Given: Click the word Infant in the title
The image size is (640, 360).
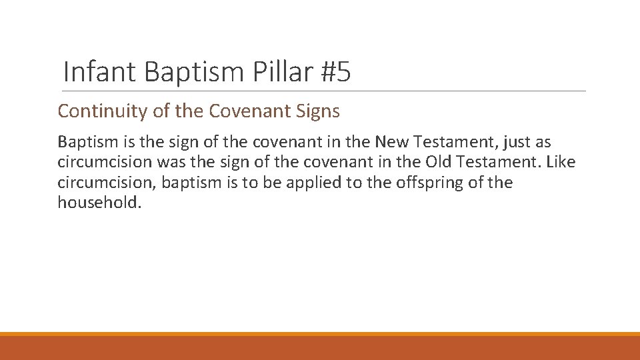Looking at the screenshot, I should point(100,71).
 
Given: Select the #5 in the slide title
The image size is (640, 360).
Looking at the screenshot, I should point(335,71).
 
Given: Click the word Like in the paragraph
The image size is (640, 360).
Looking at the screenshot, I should point(560,162).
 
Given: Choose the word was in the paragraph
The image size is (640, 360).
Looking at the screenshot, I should point(170,162).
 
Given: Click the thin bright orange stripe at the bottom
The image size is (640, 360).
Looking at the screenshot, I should point(320,334).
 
